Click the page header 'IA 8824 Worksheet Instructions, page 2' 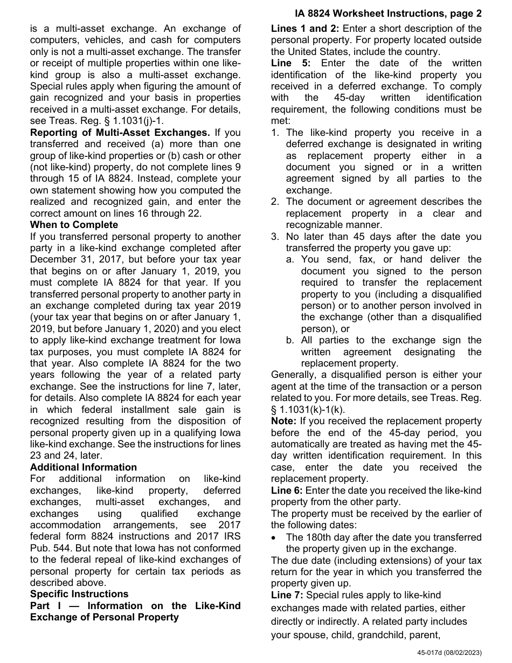[388, 13]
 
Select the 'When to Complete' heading [74, 225]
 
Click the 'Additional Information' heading [84, 467]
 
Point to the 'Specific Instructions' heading [79, 594]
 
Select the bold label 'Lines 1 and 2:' [305, 29]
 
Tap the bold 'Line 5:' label [289, 63]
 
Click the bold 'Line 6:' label [287, 491]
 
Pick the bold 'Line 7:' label [287, 595]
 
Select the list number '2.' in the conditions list [275, 202]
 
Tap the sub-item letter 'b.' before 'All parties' [290, 340]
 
